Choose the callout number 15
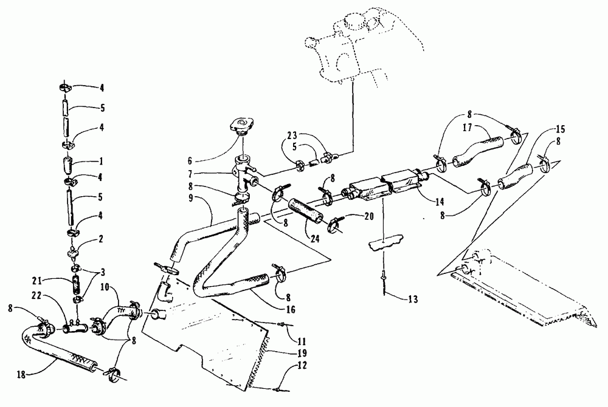click(x=559, y=129)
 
